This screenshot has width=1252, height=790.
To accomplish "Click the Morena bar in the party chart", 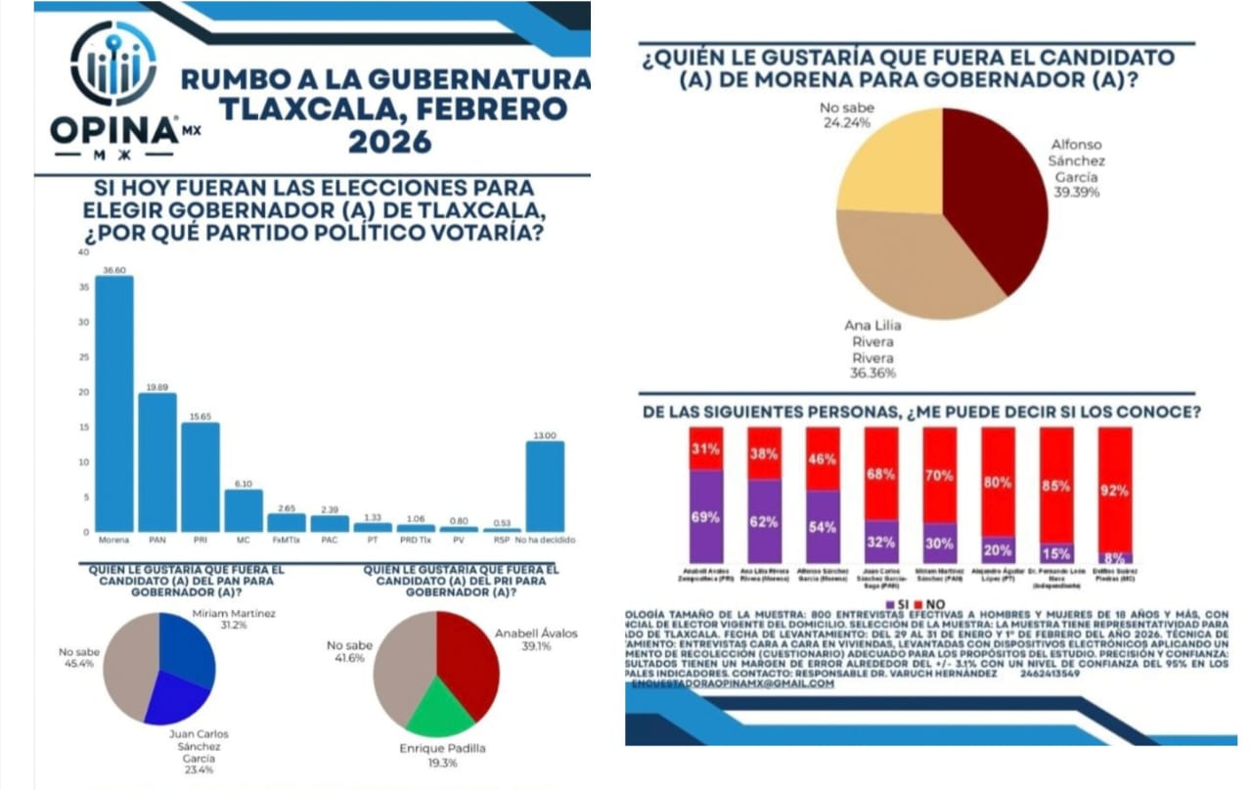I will pyautogui.click(x=113, y=403).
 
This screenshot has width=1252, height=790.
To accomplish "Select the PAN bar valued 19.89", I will pyautogui.click(x=156, y=461).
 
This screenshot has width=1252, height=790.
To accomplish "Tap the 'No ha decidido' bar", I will pyautogui.click(x=545, y=486).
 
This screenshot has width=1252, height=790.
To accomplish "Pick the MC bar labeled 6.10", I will pyautogui.click(x=243, y=510).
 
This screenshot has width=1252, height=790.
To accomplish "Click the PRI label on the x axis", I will pyautogui.click(x=200, y=540).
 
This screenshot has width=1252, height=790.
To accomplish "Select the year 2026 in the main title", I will pyautogui.click(x=389, y=142).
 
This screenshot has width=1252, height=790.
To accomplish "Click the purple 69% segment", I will pyautogui.click(x=705, y=516).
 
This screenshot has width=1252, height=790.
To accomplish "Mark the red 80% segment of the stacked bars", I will pyautogui.click(x=998, y=482).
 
